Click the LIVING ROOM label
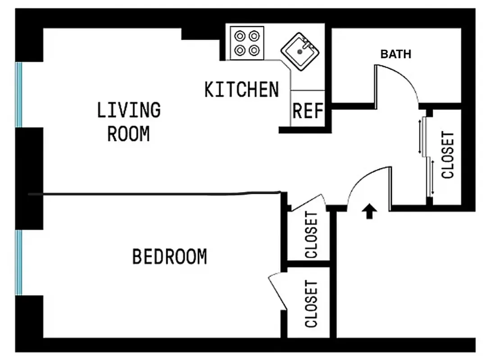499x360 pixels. point(128,121)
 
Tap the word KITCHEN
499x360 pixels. point(241,90)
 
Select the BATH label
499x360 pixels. point(395,54)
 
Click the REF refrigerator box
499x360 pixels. point(308,110)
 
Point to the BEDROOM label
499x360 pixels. point(169,256)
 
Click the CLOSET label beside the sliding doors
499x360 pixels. point(448,155)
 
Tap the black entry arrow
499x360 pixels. point(369,211)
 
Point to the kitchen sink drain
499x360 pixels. point(299,52)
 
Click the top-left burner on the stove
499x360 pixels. point(239,35)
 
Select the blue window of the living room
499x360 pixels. point(19,94)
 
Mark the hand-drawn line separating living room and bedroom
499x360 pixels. point(158,194)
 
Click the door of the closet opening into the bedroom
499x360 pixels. point(277,291)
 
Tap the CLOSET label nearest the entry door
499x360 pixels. point(311,234)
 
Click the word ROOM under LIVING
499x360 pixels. point(128,134)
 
